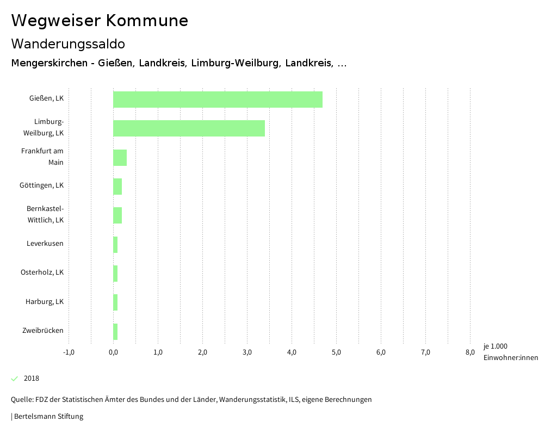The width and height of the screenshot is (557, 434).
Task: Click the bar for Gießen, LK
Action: pos(218,100)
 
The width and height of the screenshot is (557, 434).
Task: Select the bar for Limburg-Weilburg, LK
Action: pos(189,128)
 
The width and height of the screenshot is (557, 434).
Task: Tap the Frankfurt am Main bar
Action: pos(120,158)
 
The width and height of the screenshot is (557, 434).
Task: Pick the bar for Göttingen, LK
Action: pos(117,187)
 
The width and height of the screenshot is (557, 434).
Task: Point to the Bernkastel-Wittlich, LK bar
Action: pos(117,215)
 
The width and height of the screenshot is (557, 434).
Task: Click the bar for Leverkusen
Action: pos(115,245)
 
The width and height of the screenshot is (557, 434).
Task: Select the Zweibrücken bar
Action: pos(115,331)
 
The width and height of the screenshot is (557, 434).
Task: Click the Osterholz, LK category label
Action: pos(42,272)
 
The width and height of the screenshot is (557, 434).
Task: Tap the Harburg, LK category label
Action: pos(44,301)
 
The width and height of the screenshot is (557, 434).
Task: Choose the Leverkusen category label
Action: pos(45,243)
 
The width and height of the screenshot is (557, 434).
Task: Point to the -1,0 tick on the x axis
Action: pos(69,352)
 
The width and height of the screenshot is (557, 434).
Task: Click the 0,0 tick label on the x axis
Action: pos(113,352)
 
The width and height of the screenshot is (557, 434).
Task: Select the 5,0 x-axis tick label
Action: pos(336,352)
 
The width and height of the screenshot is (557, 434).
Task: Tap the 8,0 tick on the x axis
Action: pos(470,352)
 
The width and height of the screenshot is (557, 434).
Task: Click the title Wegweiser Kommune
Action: pos(100,21)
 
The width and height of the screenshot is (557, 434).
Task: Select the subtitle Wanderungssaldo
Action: pos(68,44)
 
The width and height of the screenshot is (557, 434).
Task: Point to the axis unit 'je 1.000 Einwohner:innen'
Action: pos(510,352)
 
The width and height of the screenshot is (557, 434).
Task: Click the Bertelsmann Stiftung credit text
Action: pos(48,417)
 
